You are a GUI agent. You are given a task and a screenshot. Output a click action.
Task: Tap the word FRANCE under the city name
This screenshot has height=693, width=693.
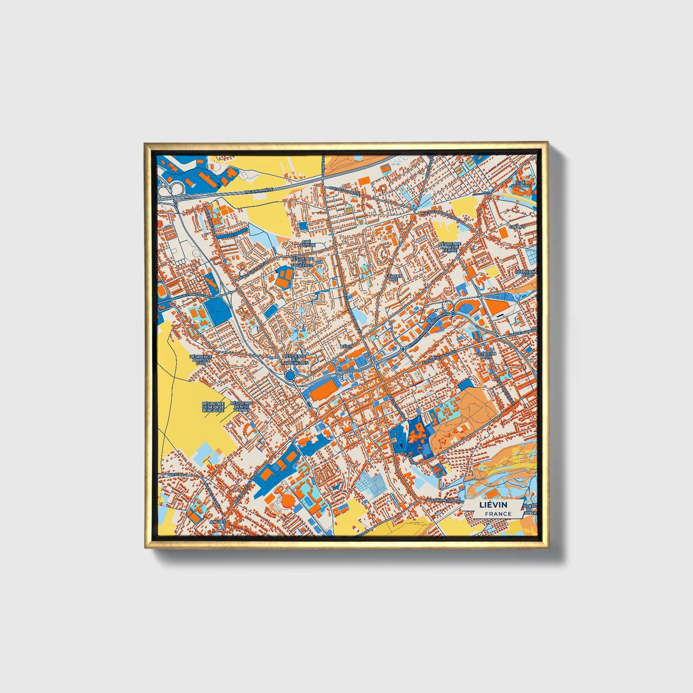tap(498, 514)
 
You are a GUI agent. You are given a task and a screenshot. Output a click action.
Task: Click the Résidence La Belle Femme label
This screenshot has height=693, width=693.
tap(450, 247)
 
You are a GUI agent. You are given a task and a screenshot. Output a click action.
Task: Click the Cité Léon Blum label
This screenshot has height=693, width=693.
tap(484, 355)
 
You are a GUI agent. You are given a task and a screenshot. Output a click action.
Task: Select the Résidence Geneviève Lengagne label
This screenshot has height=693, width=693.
tap(213, 407)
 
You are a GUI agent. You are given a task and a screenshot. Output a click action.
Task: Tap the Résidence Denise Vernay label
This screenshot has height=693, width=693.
tap(241, 407)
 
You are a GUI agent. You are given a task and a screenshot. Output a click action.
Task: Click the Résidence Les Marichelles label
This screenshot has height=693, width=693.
tap(295, 359)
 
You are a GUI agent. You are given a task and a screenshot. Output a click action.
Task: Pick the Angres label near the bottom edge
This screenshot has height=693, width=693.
tap(217, 521)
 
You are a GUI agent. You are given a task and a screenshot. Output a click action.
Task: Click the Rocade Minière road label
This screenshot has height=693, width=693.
tap(258, 190)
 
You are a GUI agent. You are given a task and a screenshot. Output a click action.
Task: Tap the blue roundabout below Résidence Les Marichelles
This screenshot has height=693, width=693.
tap(290, 376)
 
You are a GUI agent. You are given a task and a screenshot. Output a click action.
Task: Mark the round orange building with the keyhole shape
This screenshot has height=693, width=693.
tap(287, 501)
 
